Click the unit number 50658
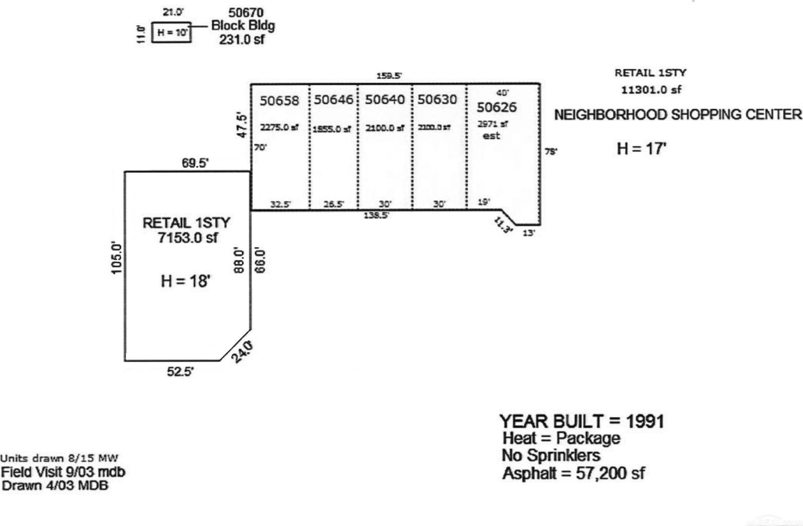click(279, 101)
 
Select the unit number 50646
click(333, 100)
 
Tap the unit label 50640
click(384, 100)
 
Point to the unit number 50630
click(437, 100)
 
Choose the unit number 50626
click(496, 107)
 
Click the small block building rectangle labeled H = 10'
click(172, 32)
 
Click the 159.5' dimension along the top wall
click(389, 75)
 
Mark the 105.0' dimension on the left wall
click(116, 258)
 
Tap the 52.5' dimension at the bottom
click(180, 372)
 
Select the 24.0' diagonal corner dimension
click(242, 351)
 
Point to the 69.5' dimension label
click(195, 163)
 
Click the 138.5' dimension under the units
click(376, 215)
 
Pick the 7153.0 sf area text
click(187, 238)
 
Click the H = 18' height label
click(186, 281)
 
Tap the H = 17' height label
click(641, 149)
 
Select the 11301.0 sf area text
click(651, 90)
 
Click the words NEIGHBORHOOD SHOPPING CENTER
click(678, 115)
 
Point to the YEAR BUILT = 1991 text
click(582, 421)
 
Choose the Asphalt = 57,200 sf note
click(573, 474)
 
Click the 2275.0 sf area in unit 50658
click(279, 128)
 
